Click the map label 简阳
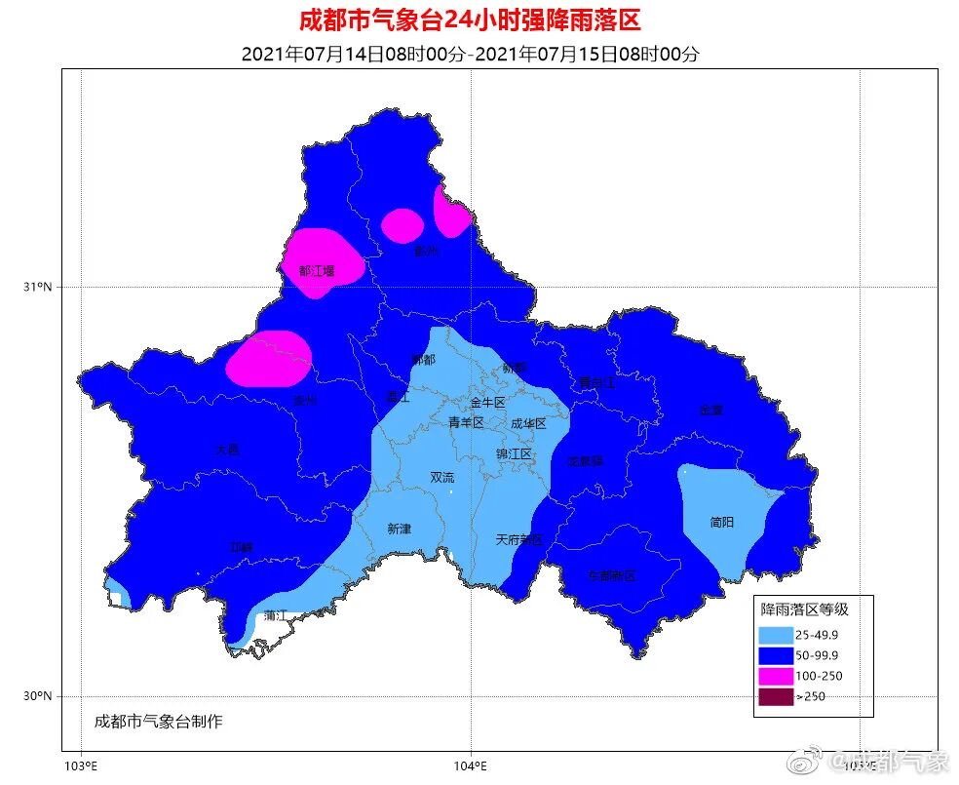point(722,522)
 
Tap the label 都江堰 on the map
point(317,270)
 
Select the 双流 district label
point(441,477)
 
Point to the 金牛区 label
point(487,402)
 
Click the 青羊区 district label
point(466,422)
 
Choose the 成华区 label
point(528,423)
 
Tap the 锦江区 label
point(514,453)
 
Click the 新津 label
point(399,529)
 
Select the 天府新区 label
point(518,538)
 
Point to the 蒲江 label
point(275,615)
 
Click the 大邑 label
point(226,450)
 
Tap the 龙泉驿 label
point(586,458)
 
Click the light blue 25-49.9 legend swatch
point(776,635)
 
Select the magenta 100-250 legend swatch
point(776,676)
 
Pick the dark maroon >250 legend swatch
point(776,696)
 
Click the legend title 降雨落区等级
point(804,609)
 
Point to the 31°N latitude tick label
point(38,287)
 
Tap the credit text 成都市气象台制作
point(159,722)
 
